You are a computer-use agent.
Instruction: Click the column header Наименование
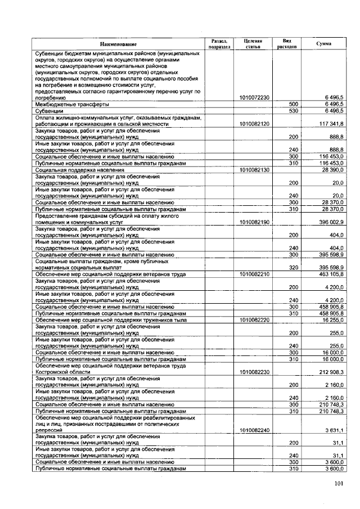point(118,44)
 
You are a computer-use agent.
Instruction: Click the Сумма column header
point(323,44)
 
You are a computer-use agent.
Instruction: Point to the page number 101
point(339,483)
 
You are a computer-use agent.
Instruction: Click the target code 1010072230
point(254,98)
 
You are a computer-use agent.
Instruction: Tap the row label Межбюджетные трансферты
point(72,105)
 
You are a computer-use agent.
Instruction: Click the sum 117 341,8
point(331,124)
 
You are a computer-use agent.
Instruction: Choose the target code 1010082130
point(254,169)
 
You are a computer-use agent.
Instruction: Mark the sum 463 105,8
point(331,274)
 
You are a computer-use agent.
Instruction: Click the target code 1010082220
point(254,319)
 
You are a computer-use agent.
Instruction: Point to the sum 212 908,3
point(331,372)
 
